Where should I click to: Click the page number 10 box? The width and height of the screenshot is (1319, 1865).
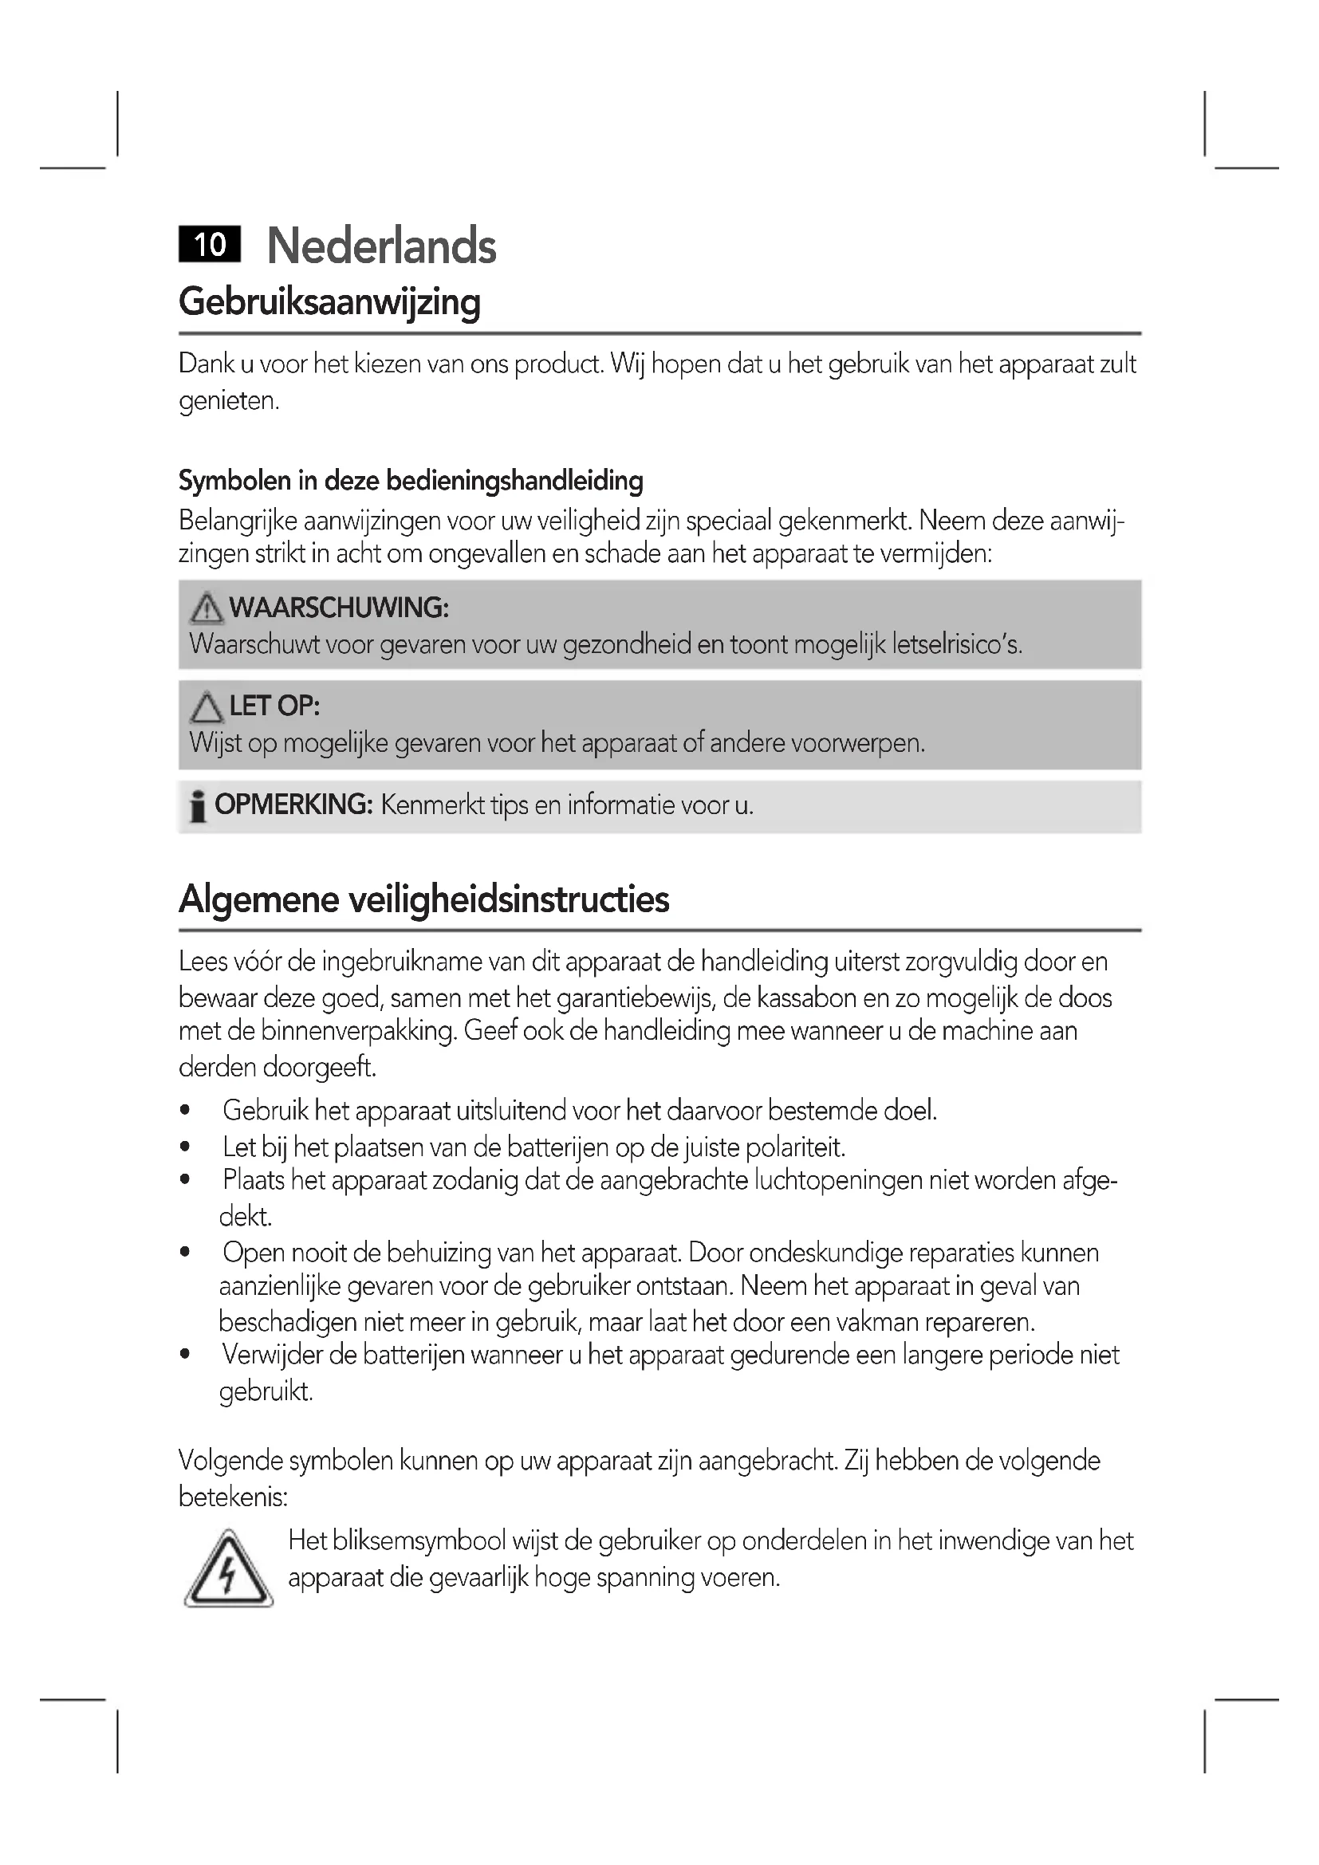click(x=210, y=245)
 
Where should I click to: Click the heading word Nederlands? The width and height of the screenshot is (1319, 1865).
click(x=381, y=246)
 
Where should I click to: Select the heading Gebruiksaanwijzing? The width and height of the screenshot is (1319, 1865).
click(x=330, y=302)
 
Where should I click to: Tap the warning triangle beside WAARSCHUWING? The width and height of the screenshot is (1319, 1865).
click(x=207, y=608)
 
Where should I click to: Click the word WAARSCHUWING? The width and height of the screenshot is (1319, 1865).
click(x=339, y=608)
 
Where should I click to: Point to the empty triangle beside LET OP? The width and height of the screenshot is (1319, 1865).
click(x=207, y=706)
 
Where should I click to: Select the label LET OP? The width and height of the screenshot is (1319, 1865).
click(x=274, y=706)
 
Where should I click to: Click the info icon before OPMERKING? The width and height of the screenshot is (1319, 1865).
click(x=197, y=806)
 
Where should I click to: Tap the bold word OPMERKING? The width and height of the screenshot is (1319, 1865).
click(x=293, y=805)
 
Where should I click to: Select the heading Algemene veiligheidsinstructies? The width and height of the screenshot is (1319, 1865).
click(x=424, y=899)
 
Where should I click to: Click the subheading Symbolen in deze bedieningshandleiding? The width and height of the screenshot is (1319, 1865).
click(x=411, y=481)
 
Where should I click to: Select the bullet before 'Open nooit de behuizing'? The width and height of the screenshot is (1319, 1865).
click(x=186, y=1253)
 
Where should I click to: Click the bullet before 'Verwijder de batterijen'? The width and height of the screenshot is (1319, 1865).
click(x=186, y=1355)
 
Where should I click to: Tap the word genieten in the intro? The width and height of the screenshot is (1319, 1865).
click(x=228, y=401)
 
